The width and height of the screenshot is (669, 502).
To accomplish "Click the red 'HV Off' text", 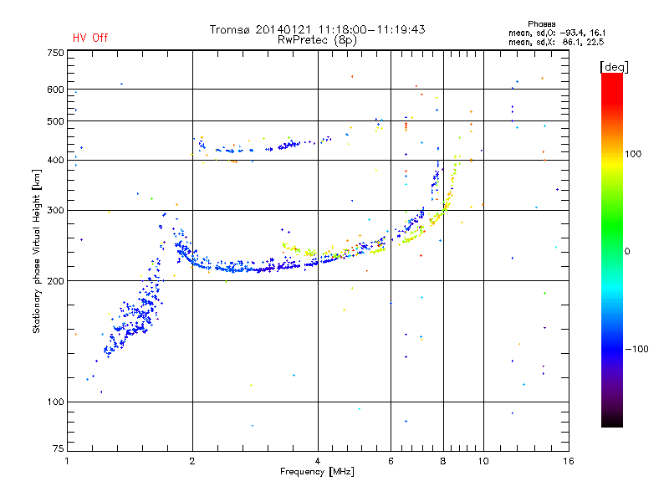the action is point(90,38).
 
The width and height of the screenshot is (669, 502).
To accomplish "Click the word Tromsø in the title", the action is point(229,29).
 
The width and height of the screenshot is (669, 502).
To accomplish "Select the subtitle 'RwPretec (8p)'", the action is point(318,40).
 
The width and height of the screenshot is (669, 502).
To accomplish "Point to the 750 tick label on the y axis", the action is point(56,53).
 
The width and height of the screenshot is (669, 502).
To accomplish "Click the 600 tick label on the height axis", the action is point(56,90).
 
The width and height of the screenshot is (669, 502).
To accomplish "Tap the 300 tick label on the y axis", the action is point(56,211).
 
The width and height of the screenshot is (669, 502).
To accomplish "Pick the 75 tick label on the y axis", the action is point(59,448).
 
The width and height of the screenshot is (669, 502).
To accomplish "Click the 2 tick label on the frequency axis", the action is point(192,461).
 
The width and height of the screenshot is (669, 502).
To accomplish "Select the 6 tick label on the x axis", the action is point(391,461).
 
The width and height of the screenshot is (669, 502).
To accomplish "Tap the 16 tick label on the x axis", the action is point(569,461).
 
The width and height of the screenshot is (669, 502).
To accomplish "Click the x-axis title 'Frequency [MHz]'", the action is point(317,472).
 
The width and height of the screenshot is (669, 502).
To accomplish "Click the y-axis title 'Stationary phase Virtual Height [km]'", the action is point(37,252).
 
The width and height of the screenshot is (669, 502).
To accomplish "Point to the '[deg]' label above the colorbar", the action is point(614,67).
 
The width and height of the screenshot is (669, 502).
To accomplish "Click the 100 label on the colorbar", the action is point(633,154).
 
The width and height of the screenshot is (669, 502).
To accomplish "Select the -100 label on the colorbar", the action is point(636,349).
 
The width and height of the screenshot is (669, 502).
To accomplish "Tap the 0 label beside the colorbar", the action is point(627,252).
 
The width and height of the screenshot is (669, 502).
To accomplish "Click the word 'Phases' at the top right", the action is point(541,24).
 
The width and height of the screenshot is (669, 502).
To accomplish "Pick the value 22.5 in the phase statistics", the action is point(595,43).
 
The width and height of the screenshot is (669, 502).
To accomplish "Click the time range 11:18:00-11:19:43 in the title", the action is point(371,29).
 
